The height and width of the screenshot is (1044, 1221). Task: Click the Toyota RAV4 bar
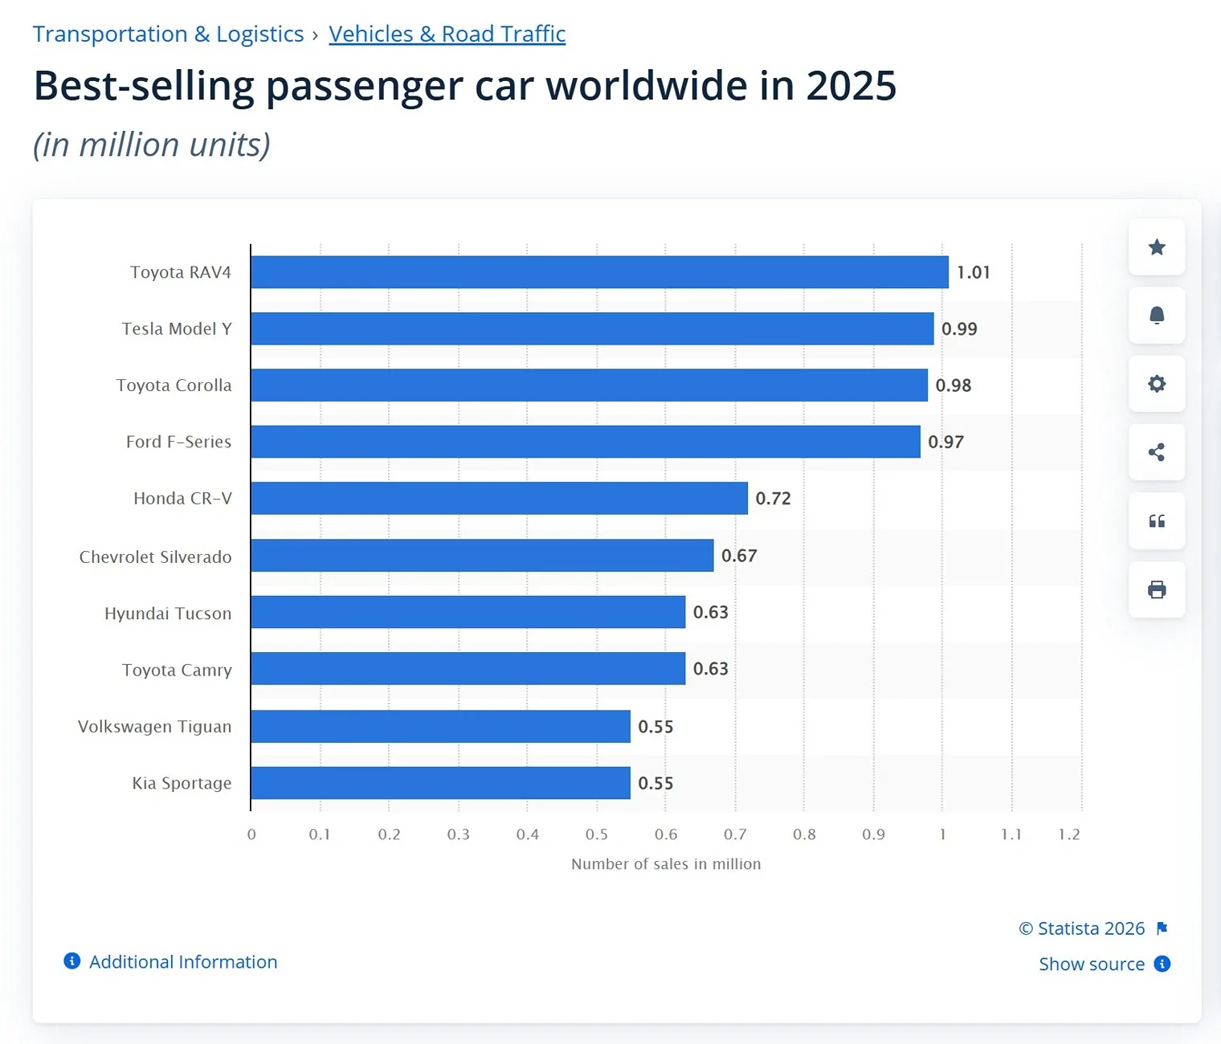pos(599,272)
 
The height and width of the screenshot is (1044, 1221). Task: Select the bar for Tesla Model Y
pos(593,328)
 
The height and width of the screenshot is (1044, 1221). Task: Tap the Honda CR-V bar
pos(499,498)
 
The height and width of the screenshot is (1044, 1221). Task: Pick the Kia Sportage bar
pos(441,783)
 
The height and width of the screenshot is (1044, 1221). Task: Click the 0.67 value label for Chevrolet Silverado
pos(739,555)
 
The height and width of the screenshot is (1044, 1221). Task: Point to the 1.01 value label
pos(973,272)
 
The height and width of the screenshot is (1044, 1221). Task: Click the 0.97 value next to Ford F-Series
pos(945,442)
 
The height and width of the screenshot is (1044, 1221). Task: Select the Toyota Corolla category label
pos(174,385)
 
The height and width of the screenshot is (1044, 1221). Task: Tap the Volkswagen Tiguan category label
pos(155,726)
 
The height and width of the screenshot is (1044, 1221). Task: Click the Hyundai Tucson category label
pos(168,614)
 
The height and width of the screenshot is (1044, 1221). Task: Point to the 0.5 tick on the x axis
pos(597,834)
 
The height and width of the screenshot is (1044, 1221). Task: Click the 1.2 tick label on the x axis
pos(1069,834)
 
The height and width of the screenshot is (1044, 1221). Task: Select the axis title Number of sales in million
pos(666,864)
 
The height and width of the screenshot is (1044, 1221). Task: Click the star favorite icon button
pos(1157,247)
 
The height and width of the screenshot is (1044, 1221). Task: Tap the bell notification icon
pos(1157,316)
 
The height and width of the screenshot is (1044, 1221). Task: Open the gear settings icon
pos(1157,384)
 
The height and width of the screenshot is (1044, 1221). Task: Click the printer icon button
pos(1157,589)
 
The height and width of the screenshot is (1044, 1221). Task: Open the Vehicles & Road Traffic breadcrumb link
pos(447,34)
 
